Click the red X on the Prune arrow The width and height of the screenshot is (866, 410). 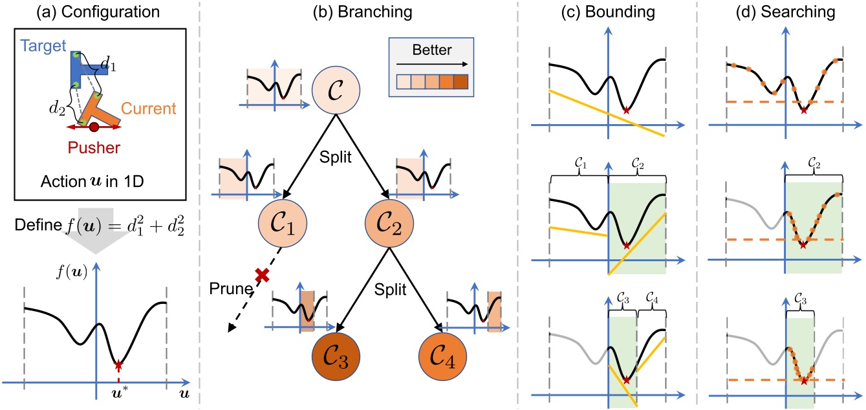click(262, 274)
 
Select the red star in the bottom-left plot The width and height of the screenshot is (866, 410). click(118, 366)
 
